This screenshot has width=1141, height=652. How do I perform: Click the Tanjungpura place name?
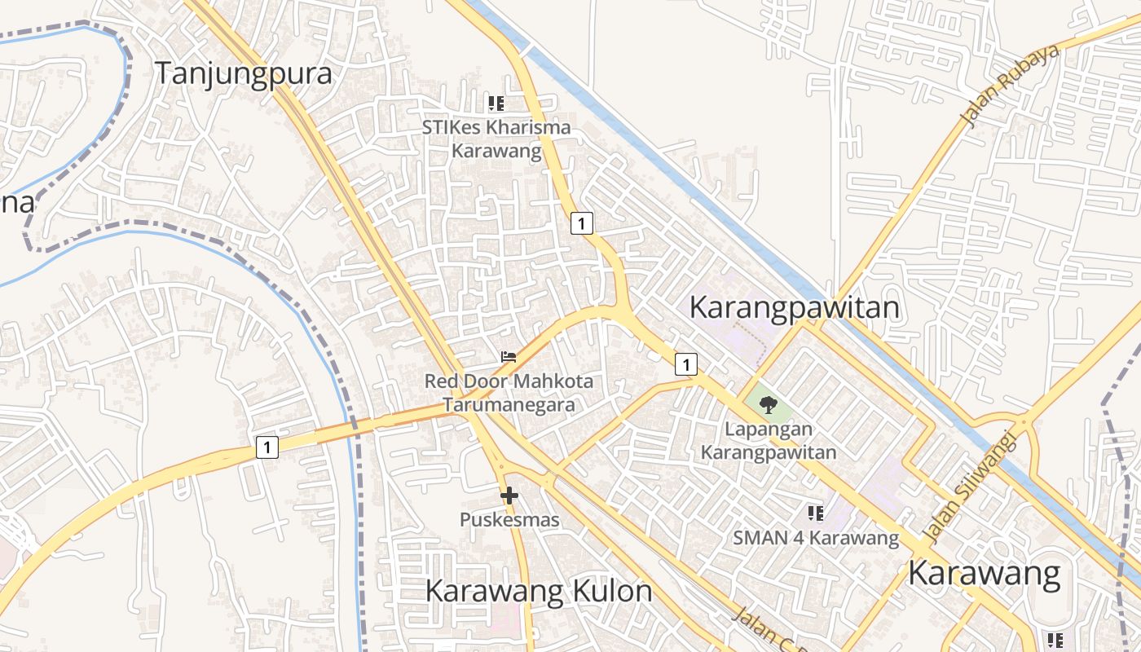[244, 73]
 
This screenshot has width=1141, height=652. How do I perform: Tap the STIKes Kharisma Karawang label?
[496, 139]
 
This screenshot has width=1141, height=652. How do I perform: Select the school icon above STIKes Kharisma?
[496, 104]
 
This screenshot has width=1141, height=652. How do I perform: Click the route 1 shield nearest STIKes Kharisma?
[581, 222]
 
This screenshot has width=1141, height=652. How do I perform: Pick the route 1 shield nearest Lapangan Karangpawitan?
[686, 364]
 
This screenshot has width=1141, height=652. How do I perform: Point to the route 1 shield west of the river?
[267, 447]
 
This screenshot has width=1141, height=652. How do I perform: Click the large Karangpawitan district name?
[795, 308]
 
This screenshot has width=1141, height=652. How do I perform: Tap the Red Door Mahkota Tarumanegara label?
[509, 393]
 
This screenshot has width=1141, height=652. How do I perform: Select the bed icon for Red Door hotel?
[509, 357]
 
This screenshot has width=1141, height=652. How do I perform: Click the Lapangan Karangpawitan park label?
[769, 441]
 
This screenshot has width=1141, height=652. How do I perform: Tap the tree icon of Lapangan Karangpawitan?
[768, 404]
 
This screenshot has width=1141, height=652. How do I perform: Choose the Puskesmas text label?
[509, 520]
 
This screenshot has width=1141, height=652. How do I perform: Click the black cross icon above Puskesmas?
[509, 495]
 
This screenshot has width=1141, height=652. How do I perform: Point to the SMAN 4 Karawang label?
[816, 538]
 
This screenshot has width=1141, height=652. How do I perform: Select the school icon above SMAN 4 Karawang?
[816, 513]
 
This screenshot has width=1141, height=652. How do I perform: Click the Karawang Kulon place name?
[539, 591]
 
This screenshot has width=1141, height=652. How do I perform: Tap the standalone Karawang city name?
[985, 574]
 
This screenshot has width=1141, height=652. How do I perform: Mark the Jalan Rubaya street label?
[1011, 86]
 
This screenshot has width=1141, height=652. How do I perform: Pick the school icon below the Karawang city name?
[1055, 640]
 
